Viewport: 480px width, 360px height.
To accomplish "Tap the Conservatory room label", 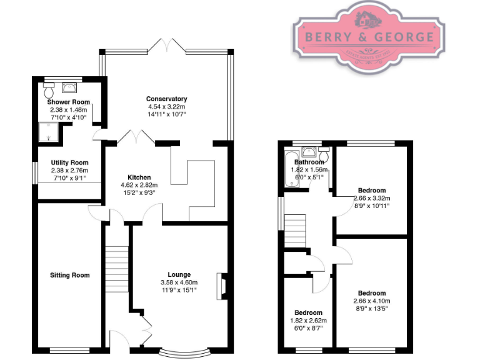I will tap(166, 99).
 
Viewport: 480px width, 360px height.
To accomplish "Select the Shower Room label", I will tap(69, 102).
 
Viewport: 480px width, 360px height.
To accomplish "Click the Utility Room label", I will tap(69, 162).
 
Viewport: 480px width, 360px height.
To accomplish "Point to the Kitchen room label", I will tap(139, 177).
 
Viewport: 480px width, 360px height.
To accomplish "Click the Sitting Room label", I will tap(69, 275).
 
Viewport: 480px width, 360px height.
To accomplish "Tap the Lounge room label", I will tap(179, 274).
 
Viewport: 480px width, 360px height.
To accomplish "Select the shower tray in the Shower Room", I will tap(46, 131).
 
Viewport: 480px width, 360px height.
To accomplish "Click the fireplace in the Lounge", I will tap(221, 286).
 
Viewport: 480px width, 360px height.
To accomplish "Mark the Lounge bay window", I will tap(182, 352).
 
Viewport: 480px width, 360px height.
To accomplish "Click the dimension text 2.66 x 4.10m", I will tap(371, 301).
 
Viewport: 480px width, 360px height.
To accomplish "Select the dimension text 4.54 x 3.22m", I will tap(166, 106).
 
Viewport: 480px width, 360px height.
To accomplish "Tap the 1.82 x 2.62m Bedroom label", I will tap(308, 312).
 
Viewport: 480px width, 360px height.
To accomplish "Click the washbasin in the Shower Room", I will tap(68, 88).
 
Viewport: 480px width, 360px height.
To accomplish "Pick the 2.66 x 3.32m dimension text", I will tap(371, 198).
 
